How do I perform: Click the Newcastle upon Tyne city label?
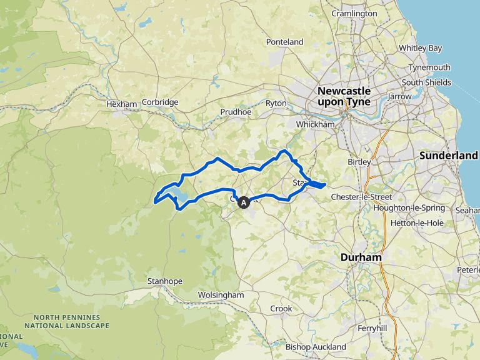(x=344, y=96)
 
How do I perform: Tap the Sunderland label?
(x=449, y=155)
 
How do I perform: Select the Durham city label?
(x=361, y=257)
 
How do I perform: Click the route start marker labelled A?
(x=243, y=202)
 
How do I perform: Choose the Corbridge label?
(x=160, y=102)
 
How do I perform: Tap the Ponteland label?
(x=284, y=42)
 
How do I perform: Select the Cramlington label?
(x=354, y=13)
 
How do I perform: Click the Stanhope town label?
(x=164, y=281)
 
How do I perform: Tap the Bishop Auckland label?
(x=315, y=347)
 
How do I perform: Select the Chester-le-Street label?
(x=361, y=197)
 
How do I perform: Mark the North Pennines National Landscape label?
(x=67, y=321)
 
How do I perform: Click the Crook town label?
(x=281, y=309)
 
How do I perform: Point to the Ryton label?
(x=276, y=103)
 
